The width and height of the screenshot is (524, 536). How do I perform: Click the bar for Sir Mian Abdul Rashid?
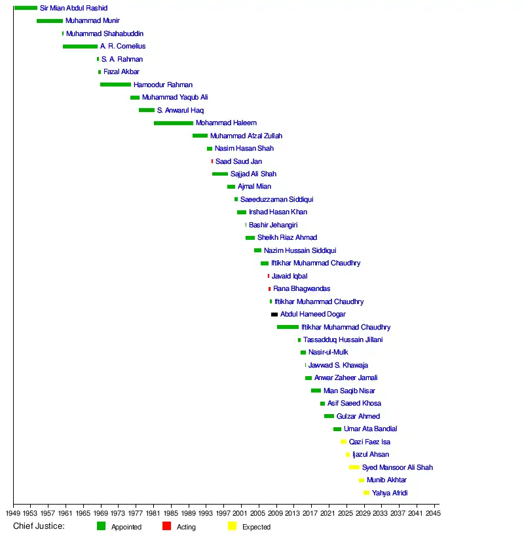click(26, 8)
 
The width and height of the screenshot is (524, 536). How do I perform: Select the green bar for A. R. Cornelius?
click(80, 47)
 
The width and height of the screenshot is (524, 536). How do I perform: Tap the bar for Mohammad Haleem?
click(174, 123)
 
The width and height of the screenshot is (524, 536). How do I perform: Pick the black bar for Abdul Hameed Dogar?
click(274, 315)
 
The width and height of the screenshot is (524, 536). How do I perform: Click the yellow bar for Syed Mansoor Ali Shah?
click(354, 467)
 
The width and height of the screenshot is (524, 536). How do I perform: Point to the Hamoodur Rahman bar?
click(115, 85)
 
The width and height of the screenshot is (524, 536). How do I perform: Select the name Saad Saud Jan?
click(238, 161)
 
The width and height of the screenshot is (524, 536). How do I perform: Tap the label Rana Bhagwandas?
click(301, 289)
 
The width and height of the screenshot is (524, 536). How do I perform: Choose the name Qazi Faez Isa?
click(369, 442)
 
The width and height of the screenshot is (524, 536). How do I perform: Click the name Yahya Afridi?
click(390, 493)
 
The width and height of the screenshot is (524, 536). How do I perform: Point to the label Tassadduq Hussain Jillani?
click(343, 340)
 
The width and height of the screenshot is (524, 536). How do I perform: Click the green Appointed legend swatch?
click(101, 526)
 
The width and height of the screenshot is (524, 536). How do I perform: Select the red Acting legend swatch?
click(166, 526)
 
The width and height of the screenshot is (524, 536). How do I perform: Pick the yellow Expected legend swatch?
click(232, 526)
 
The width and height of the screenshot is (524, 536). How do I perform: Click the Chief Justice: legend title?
click(39, 526)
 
